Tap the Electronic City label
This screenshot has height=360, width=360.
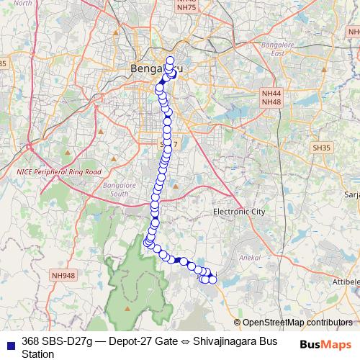tap(240, 212)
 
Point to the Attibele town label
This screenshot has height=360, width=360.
tap(346, 285)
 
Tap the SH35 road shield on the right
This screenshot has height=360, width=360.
tap(321, 147)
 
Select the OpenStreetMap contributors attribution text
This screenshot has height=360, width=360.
tap(297, 323)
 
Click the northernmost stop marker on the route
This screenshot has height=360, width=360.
tap(171, 60)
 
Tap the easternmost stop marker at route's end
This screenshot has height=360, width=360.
tap(212, 279)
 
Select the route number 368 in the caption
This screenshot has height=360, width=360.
tap(31, 341)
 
